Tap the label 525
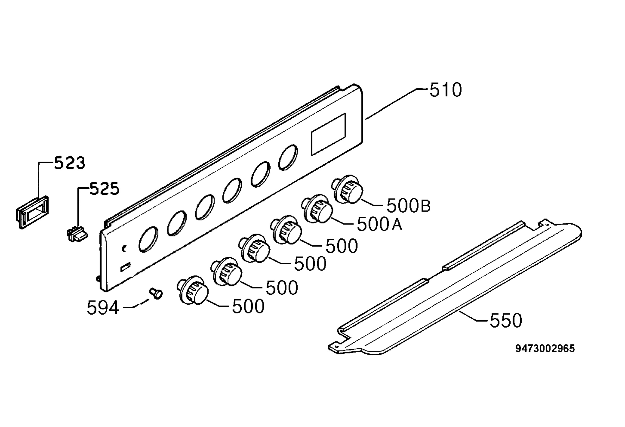(x=104, y=189)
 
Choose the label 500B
(x=409, y=206)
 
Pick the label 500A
(x=379, y=224)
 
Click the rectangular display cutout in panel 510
(x=328, y=134)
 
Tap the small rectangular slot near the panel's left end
(x=125, y=267)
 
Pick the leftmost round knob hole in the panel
(x=148, y=239)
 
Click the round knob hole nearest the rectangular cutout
(x=288, y=157)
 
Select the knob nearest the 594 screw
(x=192, y=290)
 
